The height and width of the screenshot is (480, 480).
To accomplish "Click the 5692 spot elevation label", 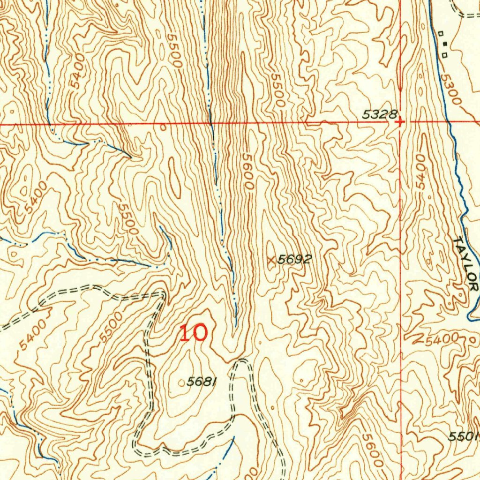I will tap(294, 259).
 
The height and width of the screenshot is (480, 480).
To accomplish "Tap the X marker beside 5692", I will tap(270, 259).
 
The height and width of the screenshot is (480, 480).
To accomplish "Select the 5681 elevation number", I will tap(202, 382).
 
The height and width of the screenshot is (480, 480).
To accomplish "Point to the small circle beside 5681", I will tap(182, 383).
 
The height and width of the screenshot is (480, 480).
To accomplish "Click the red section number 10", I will tap(193, 333).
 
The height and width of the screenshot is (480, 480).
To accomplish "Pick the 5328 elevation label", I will tap(380, 114).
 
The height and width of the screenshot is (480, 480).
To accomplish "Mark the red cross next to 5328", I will tap(399, 122).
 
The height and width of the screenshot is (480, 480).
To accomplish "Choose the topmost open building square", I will tap(441, 33).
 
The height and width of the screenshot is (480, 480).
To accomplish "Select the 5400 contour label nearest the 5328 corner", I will tap(420, 172).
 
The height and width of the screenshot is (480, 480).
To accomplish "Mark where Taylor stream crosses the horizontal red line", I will tap(448, 123).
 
